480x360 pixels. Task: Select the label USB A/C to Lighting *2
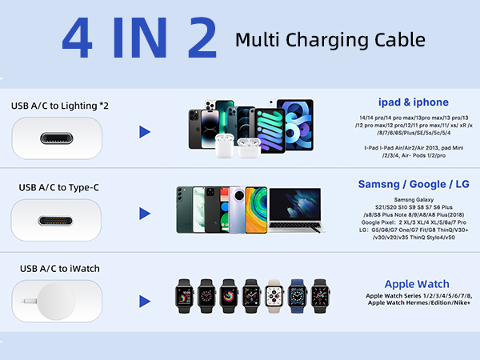59,105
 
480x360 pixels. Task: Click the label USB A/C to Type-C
60,187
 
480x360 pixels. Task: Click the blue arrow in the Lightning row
145,131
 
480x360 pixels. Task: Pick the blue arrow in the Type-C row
145,213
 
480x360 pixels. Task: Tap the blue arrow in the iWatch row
145,301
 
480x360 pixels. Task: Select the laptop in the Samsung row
297,210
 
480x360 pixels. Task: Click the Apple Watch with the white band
274,297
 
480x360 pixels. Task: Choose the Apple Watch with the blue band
298,297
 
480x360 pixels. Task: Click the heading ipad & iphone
413,102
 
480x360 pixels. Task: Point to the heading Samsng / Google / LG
413,184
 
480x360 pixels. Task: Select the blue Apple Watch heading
416,284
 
